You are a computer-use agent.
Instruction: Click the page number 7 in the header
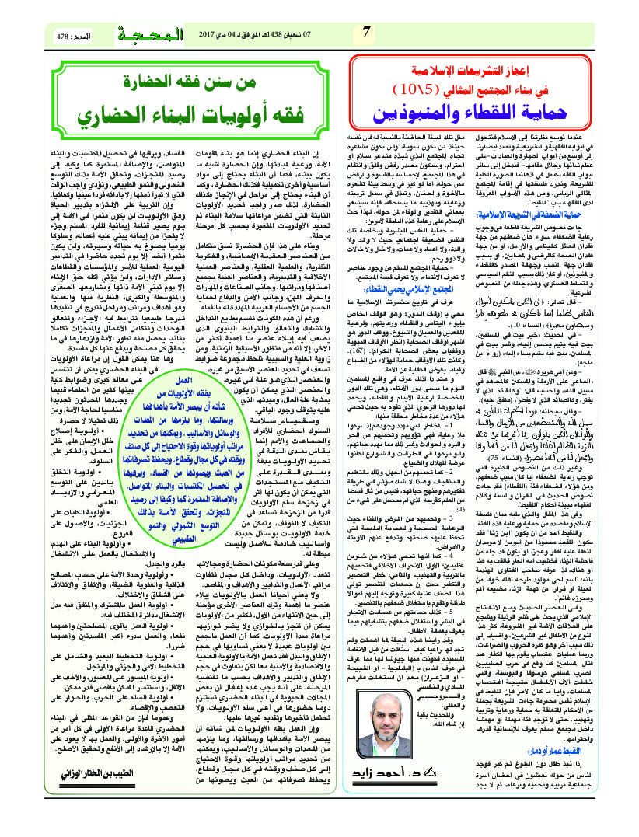366,34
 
